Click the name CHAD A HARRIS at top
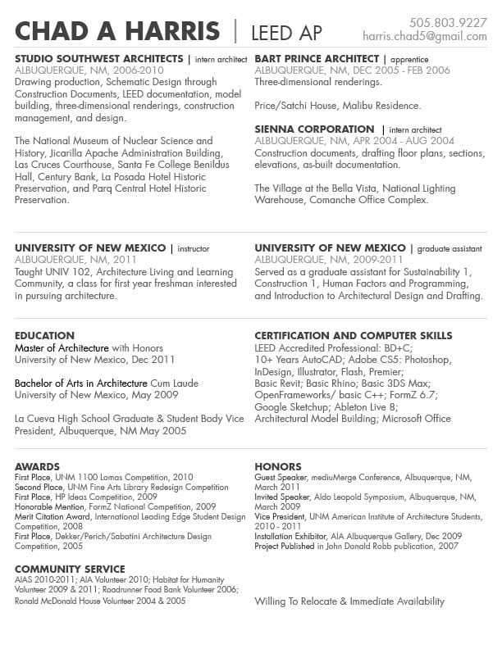tap(117, 32)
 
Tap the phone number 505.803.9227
tap(448, 22)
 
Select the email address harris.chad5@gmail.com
tap(424, 37)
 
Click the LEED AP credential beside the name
tap(286, 33)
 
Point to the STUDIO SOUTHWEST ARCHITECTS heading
tap(98, 59)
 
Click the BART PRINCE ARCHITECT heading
tap(317, 59)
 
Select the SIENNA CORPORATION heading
tap(314, 129)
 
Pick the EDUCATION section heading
tap(45, 335)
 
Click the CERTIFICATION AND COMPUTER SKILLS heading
tap(353, 335)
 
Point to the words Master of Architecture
tap(62, 348)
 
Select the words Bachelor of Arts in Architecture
tap(81, 383)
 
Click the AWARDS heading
tap(37, 467)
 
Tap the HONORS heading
tap(278, 467)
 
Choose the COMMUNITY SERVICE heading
tap(70, 569)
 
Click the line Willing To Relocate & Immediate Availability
tap(349, 601)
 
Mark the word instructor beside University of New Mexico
tap(194, 248)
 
